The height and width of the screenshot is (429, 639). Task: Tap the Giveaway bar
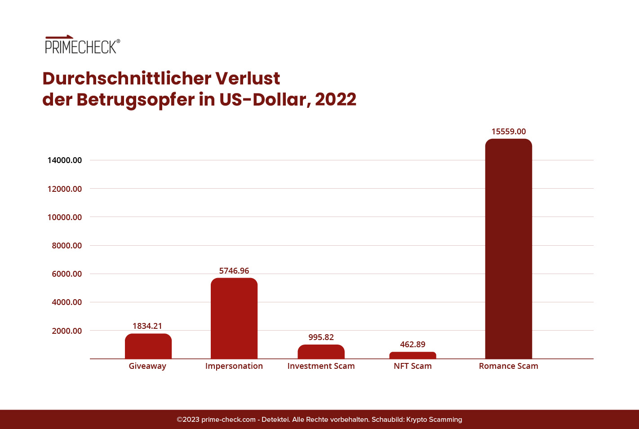point(148,346)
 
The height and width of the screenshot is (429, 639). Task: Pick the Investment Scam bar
point(321,352)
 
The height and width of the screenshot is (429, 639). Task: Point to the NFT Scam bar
point(413,355)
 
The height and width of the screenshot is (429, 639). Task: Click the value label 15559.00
point(508,132)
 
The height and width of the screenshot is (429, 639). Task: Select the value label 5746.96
point(234,271)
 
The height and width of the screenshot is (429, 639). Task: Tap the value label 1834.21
point(147,326)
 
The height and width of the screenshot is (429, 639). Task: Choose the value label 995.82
point(321,337)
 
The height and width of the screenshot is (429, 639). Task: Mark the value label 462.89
point(413,345)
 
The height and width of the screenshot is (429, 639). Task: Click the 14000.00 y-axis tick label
point(65,160)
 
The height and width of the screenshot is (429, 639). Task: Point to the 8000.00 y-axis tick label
point(67,246)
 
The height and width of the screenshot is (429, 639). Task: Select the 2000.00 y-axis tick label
point(67,331)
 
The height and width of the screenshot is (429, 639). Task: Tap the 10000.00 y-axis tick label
point(65,217)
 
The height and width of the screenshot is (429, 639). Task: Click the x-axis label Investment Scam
point(321,366)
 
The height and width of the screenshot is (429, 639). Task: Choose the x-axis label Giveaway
point(147,366)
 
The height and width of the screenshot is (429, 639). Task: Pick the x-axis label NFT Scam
point(413,366)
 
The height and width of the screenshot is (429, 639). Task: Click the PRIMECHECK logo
point(82,45)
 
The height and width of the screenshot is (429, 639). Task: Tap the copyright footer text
point(319,420)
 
